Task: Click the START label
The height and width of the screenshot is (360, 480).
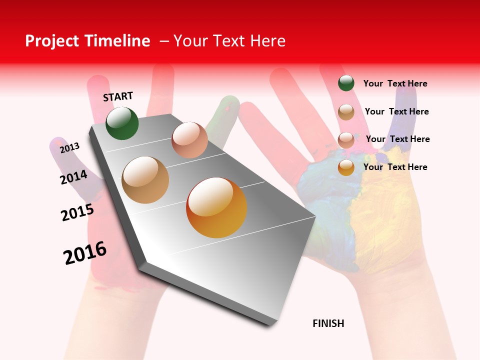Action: (118, 96)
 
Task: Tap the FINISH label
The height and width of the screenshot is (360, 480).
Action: (328, 323)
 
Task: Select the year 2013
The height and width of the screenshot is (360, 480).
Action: (69, 148)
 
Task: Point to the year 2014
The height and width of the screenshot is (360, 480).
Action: (73, 177)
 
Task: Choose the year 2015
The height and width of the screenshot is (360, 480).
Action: (77, 212)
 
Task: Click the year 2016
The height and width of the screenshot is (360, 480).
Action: (85, 253)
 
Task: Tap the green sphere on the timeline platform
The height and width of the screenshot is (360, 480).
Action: (122, 123)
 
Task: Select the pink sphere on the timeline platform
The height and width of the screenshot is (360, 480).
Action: (189, 140)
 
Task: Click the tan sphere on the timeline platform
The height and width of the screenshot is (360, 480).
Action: (145, 180)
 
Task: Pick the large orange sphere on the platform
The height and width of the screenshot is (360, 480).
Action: (216, 207)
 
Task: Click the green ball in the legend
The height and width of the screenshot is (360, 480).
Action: (346, 83)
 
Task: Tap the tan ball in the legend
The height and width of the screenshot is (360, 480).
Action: (346, 112)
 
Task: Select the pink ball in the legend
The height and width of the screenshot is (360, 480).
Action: (346, 140)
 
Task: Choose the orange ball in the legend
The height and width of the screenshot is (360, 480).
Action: (346, 167)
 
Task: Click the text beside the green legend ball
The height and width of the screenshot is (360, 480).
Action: (395, 84)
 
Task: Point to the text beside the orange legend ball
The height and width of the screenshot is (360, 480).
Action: (395, 167)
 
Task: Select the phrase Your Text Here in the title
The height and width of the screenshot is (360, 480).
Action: (229, 41)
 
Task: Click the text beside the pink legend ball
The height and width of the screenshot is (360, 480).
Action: (397, 139)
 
